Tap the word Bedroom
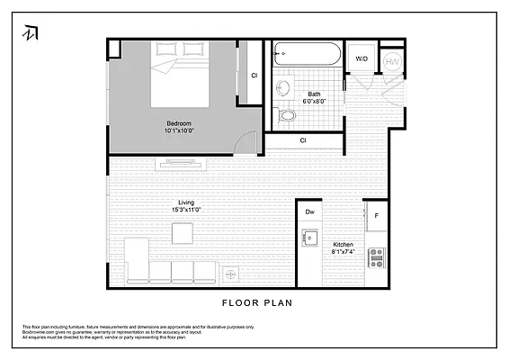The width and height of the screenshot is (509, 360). tap(179, 123)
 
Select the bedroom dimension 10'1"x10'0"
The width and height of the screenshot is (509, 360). tap(179, 131)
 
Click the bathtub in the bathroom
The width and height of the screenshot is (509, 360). tap(307, 55)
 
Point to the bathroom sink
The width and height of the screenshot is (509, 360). tap(283, 88)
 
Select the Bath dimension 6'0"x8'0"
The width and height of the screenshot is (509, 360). tap(315, 102)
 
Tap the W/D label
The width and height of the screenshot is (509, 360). tap(362, 59)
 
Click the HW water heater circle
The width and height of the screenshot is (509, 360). tap(393, 61)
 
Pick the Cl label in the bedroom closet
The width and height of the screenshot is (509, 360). tap(254, 76)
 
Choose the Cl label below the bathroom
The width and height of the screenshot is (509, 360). tap(303, 140)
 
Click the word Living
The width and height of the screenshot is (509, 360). tap(186, 202)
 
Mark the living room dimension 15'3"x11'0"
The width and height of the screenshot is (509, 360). tap(186, 211)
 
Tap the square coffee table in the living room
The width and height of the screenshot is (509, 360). tap(183, 233)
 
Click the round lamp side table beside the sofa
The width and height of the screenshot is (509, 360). tap(231, 274)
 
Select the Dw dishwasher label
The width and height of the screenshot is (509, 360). tap(309, 211)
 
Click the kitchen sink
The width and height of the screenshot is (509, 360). tap(311, 239)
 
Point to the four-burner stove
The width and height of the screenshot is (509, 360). tap(376, 258)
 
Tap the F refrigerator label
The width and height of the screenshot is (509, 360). tap(376, 216)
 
